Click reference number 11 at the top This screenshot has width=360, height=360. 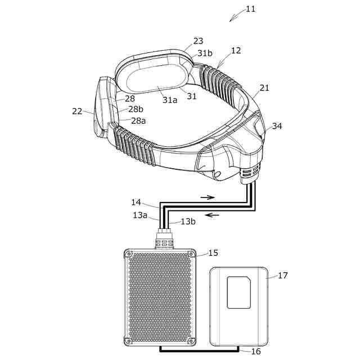251,9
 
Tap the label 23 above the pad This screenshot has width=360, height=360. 198,41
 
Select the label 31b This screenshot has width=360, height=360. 205,53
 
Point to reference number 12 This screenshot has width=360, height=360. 236,51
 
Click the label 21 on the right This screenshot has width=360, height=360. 264,88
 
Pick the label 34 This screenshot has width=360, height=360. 277,126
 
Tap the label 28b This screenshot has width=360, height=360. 136,109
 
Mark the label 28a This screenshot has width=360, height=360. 138,120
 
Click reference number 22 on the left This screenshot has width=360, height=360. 77,111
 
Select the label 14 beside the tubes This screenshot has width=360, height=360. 137,201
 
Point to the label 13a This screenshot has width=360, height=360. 140,215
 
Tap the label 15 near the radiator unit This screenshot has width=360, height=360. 213,253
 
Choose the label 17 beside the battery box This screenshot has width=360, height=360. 282,275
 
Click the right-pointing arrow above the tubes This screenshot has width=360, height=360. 208,197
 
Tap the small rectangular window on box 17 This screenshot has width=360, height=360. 239,293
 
